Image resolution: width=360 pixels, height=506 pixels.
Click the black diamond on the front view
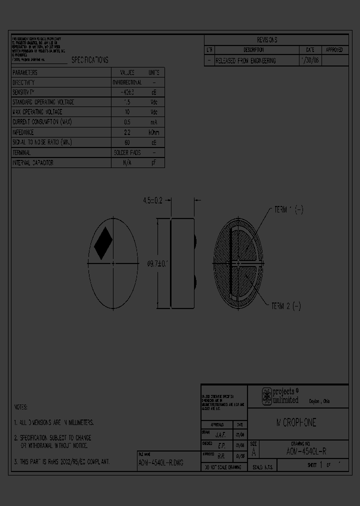[103, 243]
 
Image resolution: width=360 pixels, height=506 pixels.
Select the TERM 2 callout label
[286, 305]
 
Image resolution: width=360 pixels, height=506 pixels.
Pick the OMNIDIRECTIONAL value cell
[127, 82]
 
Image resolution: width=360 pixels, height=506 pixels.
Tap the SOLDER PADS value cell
[127, 152]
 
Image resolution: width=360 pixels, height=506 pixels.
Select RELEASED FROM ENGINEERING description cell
[245, 60]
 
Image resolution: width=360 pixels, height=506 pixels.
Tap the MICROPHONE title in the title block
[297, 423]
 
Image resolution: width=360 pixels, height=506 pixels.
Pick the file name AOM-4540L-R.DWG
[160, 463]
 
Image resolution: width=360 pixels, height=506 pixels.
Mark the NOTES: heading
[21, 407]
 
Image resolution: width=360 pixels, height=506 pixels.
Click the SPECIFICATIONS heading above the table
[89, 60]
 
